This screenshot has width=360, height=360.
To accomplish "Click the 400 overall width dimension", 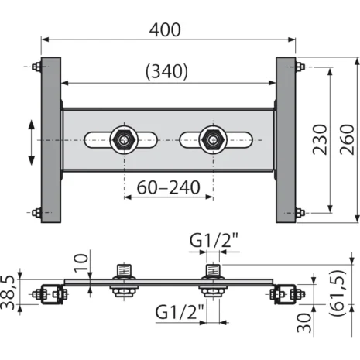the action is click(165, 30).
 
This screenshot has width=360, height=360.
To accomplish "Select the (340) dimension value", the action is click(166, 71).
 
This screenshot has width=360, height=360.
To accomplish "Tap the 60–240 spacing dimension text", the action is click(168, 187).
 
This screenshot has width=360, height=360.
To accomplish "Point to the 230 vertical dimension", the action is click(320, 139).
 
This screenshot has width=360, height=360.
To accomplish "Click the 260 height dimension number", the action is click(347, 139).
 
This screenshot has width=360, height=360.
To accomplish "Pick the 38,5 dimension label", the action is click(7, 292).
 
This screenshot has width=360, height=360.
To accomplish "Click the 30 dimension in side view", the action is click(304, 323).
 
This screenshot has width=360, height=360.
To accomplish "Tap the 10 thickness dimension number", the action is click(81, 262).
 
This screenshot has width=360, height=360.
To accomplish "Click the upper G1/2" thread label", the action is click(214, 240).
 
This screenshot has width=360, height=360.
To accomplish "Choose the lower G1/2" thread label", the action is click(180, 312).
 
